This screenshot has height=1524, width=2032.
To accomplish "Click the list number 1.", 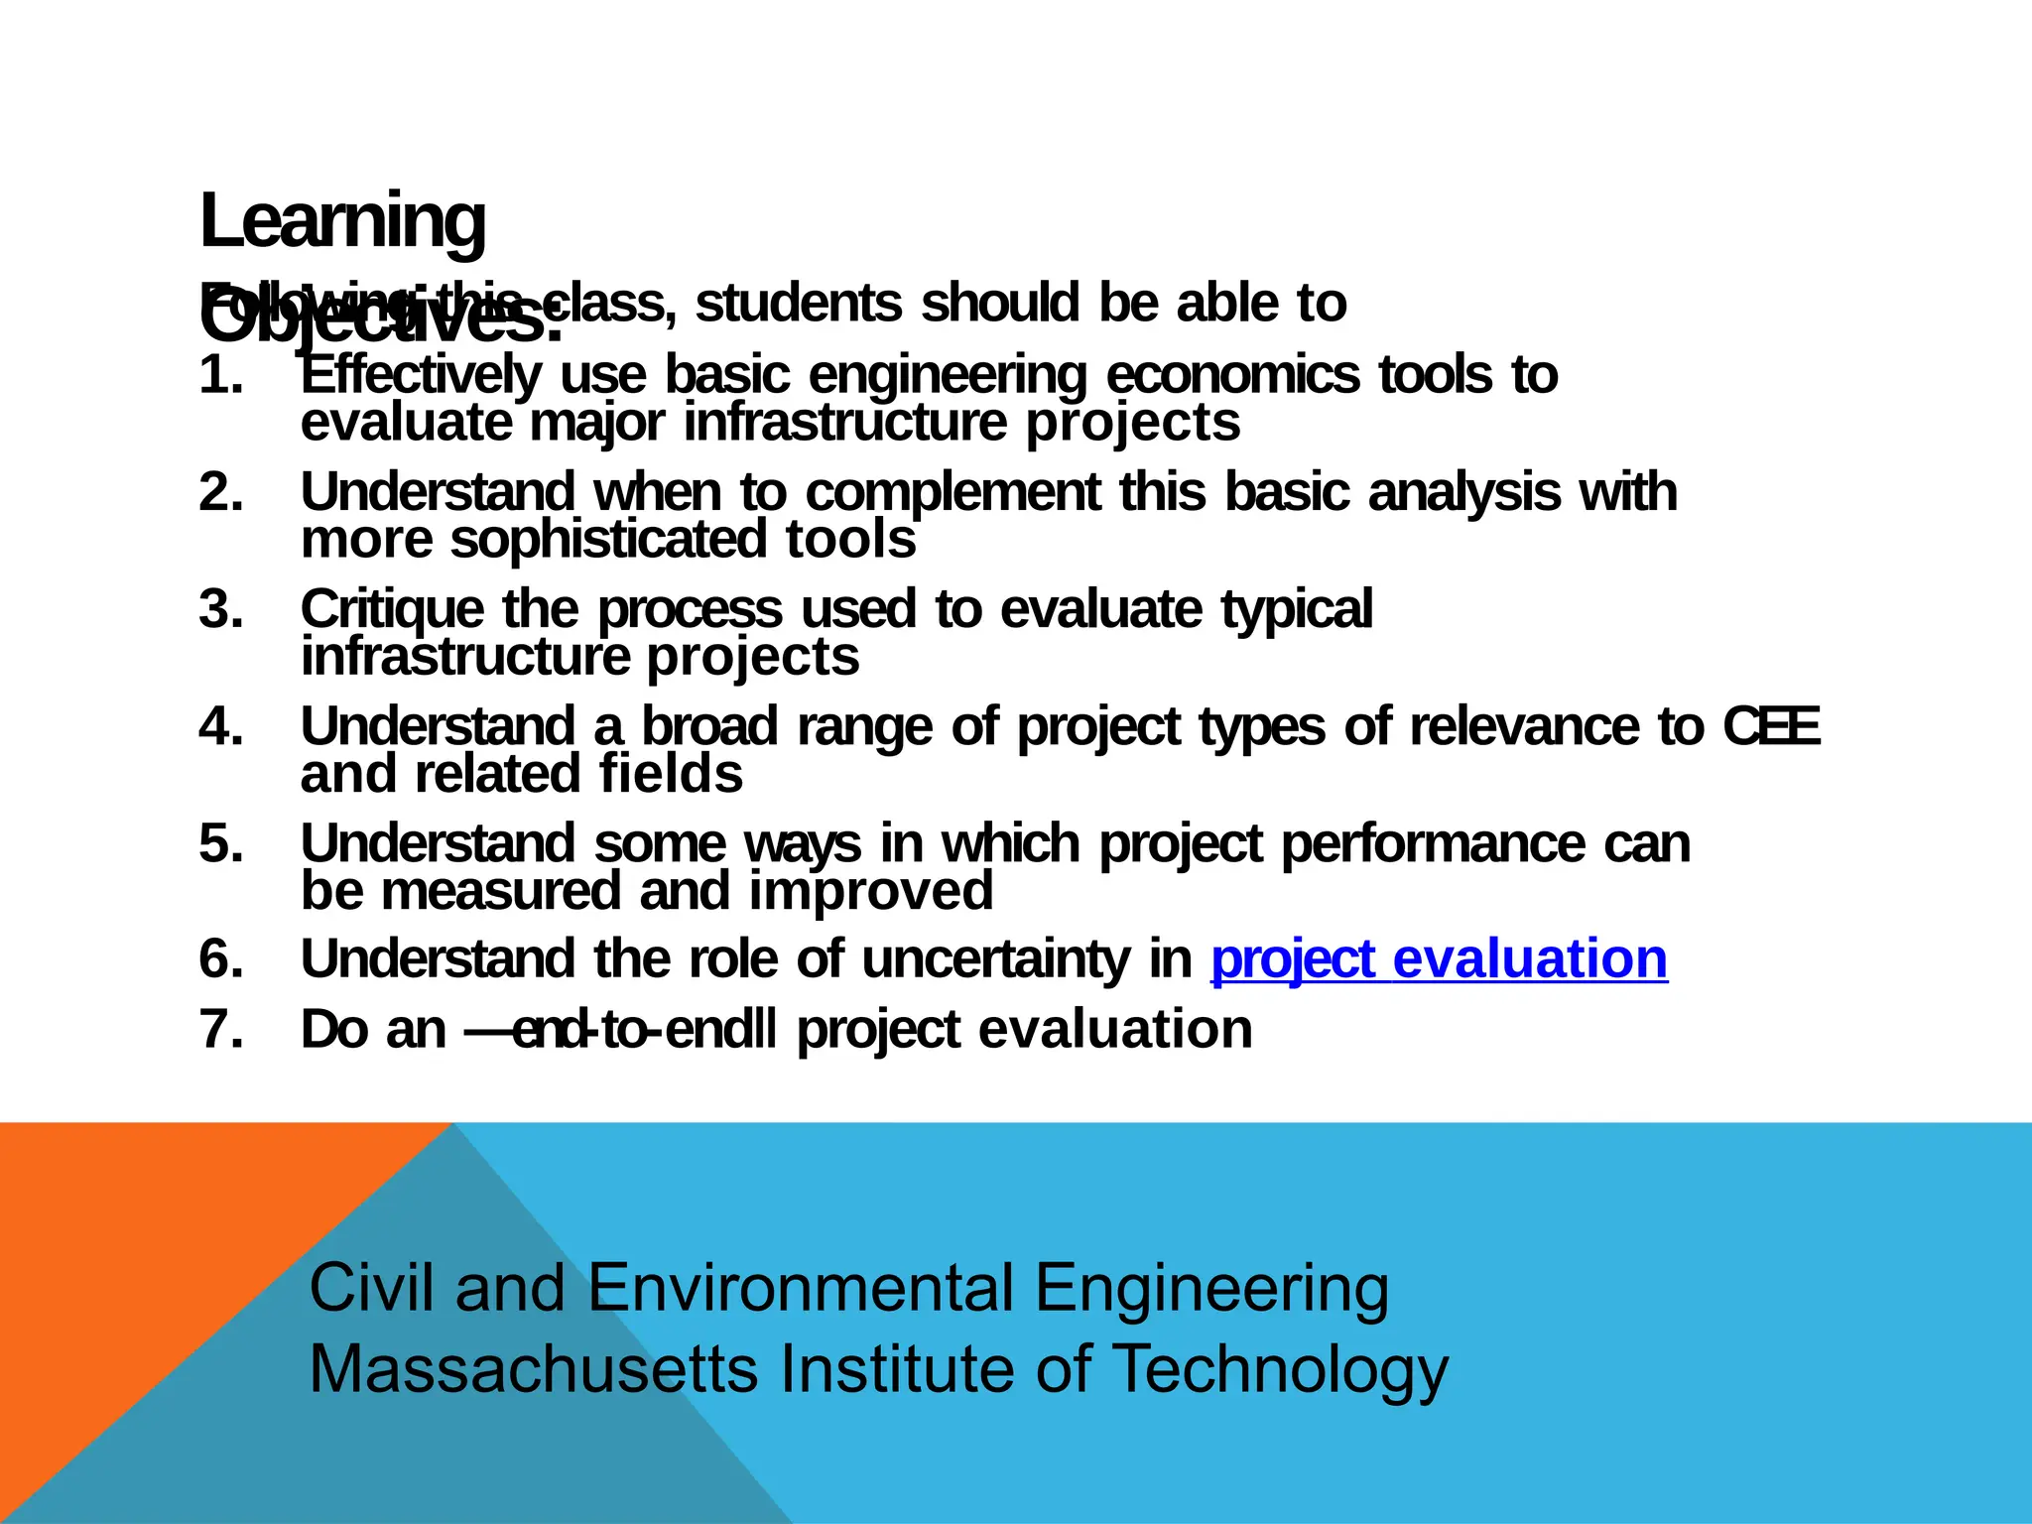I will coord(220,376).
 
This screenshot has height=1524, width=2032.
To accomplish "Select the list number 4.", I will coord(220,727).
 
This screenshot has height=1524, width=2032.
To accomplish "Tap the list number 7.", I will coord(220,1029).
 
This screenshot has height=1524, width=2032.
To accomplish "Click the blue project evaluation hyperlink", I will coord(1439,959).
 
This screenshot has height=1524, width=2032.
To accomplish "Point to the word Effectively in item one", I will coord(421,376).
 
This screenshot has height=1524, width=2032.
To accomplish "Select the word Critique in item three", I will coord(392,609).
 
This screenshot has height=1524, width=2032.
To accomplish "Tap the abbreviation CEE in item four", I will coord(1771,727).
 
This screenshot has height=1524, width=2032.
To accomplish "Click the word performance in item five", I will coord(1433,844).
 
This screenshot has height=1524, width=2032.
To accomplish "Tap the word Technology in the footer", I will coord(1280,1370).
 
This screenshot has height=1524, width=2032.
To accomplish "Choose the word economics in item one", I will coord(1232,376).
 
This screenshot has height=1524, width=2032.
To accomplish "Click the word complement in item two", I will coord(952,493).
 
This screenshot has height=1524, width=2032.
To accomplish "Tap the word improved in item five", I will coord(870,891).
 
